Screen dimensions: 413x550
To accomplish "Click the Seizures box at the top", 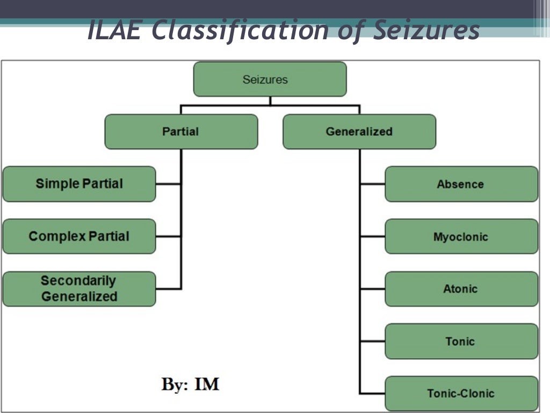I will tap(270, 80).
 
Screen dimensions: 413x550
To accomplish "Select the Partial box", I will tap(181, 132).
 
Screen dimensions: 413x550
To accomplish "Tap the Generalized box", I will tap(359, 132).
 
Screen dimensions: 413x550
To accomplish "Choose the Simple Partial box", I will tap(79, 184).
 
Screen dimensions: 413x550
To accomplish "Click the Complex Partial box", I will tap(79, 236).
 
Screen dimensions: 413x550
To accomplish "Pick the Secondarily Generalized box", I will tap(79, 289).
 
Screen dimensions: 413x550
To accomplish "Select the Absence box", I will tap(461, 184).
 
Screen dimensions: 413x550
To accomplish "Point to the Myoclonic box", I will tap(461, 237).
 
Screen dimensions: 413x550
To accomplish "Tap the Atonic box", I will tap(461, 289).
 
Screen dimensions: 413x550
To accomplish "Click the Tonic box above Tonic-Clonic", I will tap(461, 341).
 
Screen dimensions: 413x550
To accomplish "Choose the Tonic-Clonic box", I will tap(461, 394).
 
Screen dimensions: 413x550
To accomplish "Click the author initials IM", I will tap(206, 384).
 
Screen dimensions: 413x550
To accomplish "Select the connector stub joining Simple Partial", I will tap(168, 184).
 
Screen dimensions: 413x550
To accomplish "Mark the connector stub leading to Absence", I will tap(373, 184).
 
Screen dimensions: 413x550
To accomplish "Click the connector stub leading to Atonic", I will tap(373, 289).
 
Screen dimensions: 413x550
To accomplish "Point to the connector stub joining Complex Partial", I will tap(168, 236).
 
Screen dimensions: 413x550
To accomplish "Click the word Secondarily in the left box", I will tap(78, 281).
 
